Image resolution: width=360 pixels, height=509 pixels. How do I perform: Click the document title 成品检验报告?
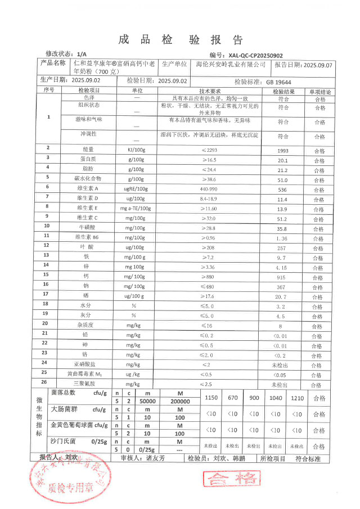tap(181, 39)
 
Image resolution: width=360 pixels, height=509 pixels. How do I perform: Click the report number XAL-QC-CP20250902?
tap(256, 56)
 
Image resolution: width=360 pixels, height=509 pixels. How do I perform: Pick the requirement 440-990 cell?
tap(209, 188)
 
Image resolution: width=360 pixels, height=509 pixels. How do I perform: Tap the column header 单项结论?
tap(319, 91)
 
